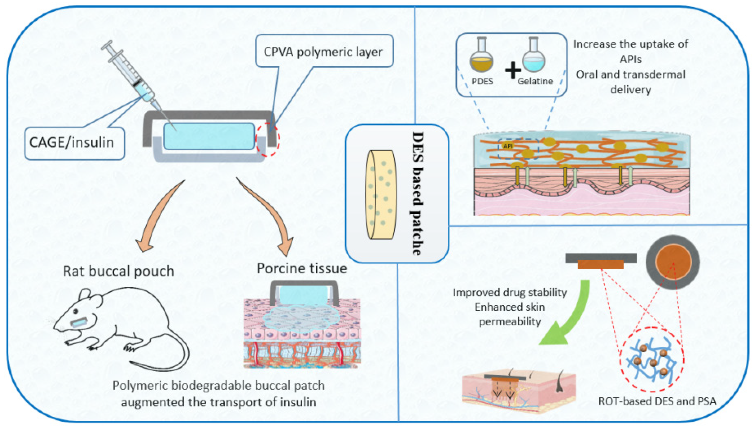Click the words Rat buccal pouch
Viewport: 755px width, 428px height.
[x=119, y=271]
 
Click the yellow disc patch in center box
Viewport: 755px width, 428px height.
[x=381, y=195]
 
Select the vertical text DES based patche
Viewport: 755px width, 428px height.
[x=417, y=193]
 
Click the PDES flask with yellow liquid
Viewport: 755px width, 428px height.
[x=481, y=59]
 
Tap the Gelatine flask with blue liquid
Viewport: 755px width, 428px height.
[x=533, y=59]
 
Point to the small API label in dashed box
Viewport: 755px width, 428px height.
[x=508, y=146]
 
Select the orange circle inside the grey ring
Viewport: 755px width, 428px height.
[x=673, y=262]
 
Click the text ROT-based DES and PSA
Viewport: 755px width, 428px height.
[x=657, y=401]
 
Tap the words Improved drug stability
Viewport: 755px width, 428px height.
[x=510, y=293]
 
